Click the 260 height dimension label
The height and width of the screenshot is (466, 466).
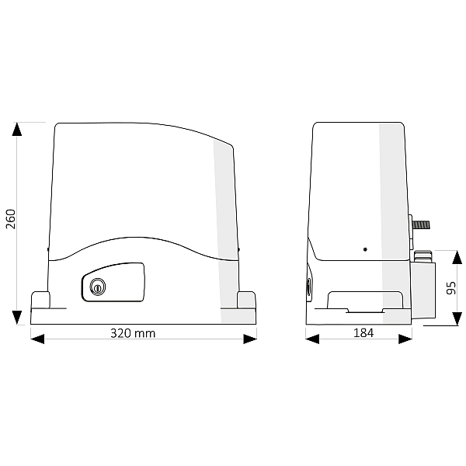point(11,219)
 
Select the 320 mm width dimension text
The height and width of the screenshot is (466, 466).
point(133,333)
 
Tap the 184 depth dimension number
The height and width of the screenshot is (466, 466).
point(363,333)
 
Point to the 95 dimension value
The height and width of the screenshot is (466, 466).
point(451,288)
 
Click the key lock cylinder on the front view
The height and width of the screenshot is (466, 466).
point(98,287)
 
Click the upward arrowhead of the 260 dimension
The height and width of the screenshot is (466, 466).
point(17,129)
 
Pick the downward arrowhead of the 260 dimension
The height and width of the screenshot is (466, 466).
point(17,318)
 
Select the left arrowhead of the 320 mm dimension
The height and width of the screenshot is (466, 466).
point(37,339)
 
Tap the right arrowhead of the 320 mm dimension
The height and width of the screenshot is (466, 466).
point(250,339)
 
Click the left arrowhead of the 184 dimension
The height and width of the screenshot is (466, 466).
point(312,339)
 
